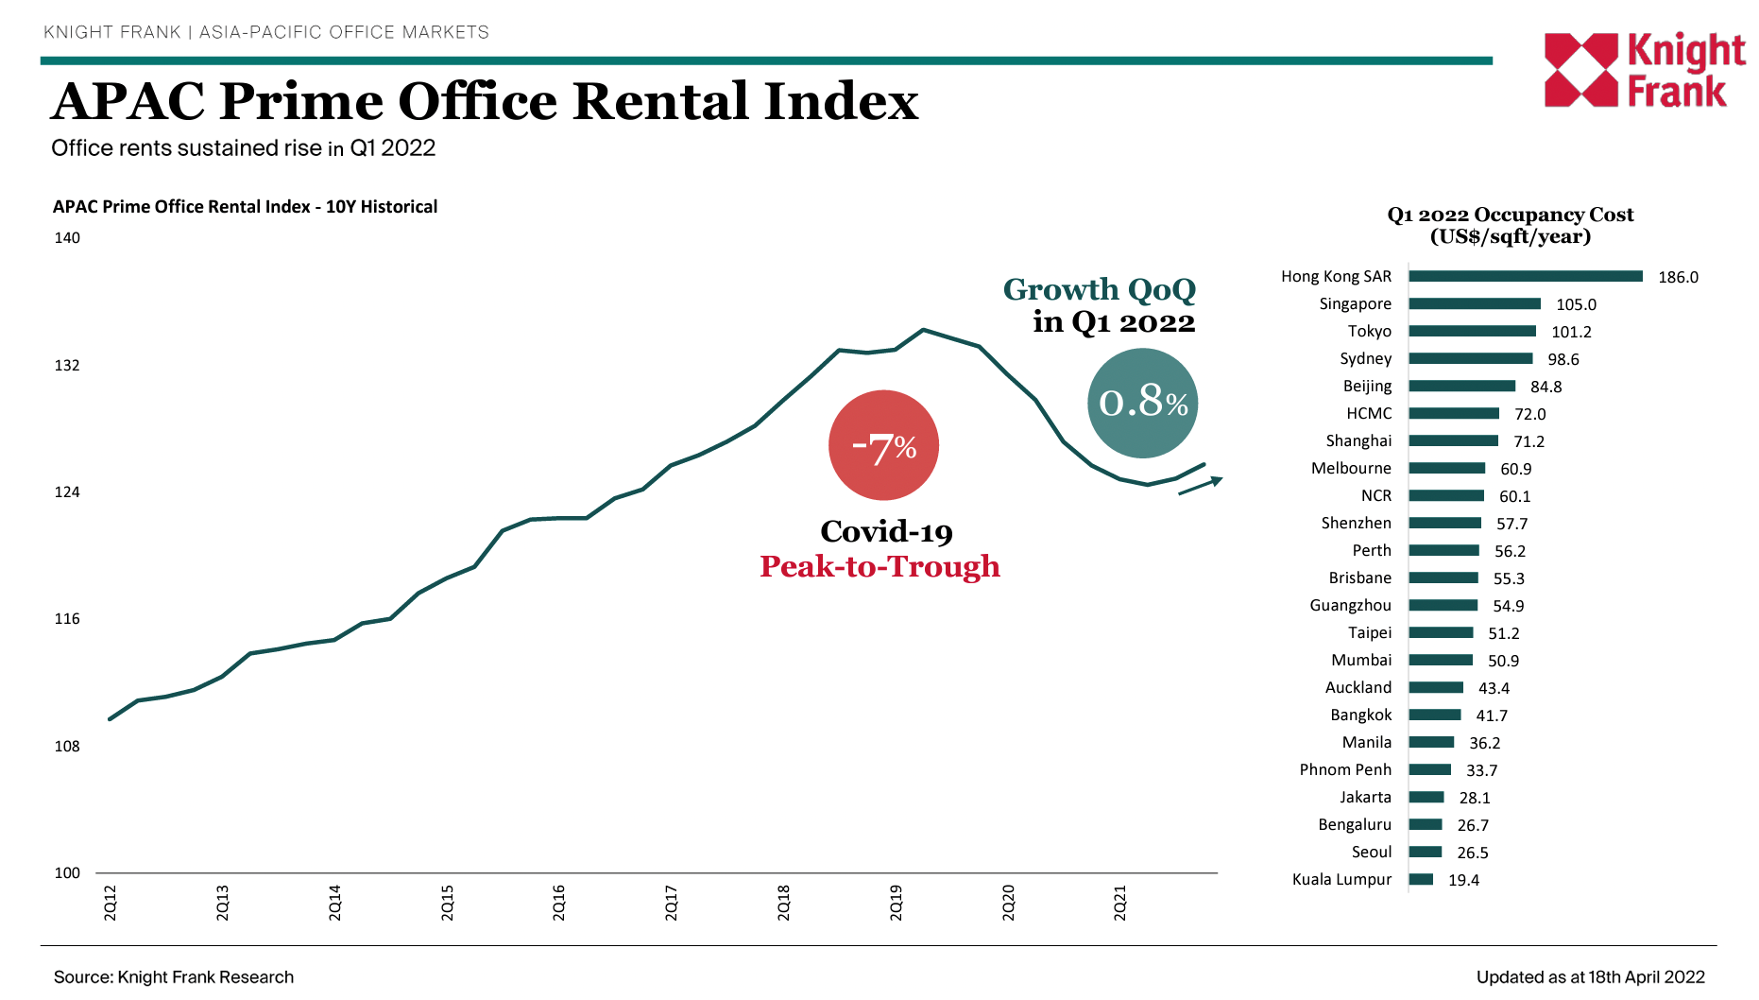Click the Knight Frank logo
click(x=1644, y=70)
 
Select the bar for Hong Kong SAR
click(x=1525, y=276)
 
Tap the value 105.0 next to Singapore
click(x=1576, y=304)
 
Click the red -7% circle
click(x=883, y=445)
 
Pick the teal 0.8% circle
click(x=1142, y=403)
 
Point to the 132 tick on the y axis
click(x=67, y=366)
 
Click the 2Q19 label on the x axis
click(x=896, y=903)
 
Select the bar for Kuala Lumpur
click(x=1420, y=880)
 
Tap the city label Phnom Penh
click(x=1345, y=769)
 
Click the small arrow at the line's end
click(x=1201, y=486)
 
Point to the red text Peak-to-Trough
click(x=879, y=566)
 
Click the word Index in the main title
click(x=840, y=101)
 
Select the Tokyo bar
click(x=1472, y=331)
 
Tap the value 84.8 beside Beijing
click(x=1546, y=387)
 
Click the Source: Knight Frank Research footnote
click(x=174, y=977)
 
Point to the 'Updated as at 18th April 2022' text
click(x=1590, y=977)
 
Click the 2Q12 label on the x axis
click(x=110, y=903)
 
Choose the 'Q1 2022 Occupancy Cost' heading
click(x=1510, y=216)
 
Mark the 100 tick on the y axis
click(x=67, y=873)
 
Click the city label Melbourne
click(x=1351, y=468)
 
